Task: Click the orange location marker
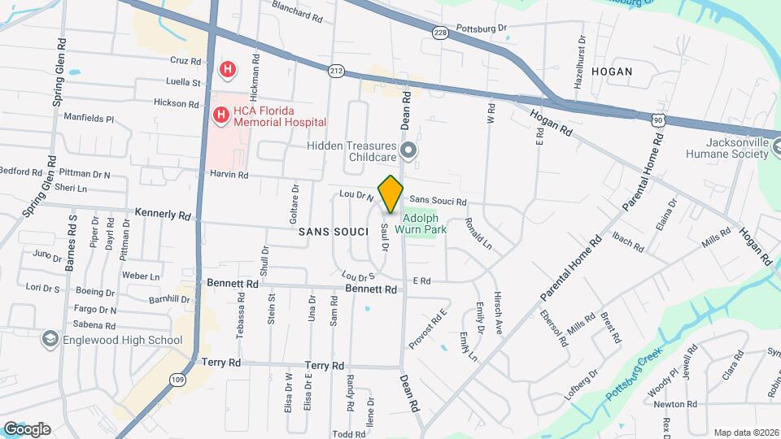tap(391, 193)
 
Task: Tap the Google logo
tap(27, 428)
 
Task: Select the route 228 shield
tap(440, 33)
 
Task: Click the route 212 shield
tap(336, 72)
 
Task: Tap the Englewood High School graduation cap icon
tap(50, 340)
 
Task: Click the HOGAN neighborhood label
tap(612, 72)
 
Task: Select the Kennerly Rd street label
tap(163, 215)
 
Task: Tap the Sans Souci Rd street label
tap(438, 201)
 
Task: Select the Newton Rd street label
tap(675, 404)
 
